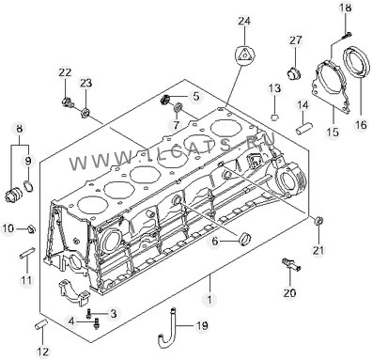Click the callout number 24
(x=244, y=22)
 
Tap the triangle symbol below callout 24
(x=244, y=55)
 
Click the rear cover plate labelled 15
(x=330, y=86)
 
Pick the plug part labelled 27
(x=294, y=73)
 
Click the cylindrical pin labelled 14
(x=304, y=129)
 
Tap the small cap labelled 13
(x=274, y=118)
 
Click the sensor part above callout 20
(x=291, y=264)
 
